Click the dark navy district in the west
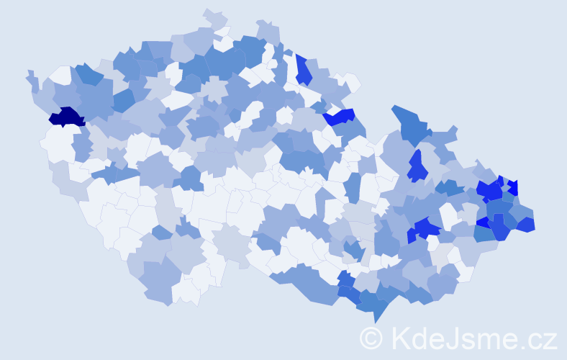pos(66,117)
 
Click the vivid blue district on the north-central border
pos(340,116)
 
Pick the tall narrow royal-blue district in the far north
pos(304,71)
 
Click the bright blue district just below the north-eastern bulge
pos(416,167)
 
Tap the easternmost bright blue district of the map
pos(526,225)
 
